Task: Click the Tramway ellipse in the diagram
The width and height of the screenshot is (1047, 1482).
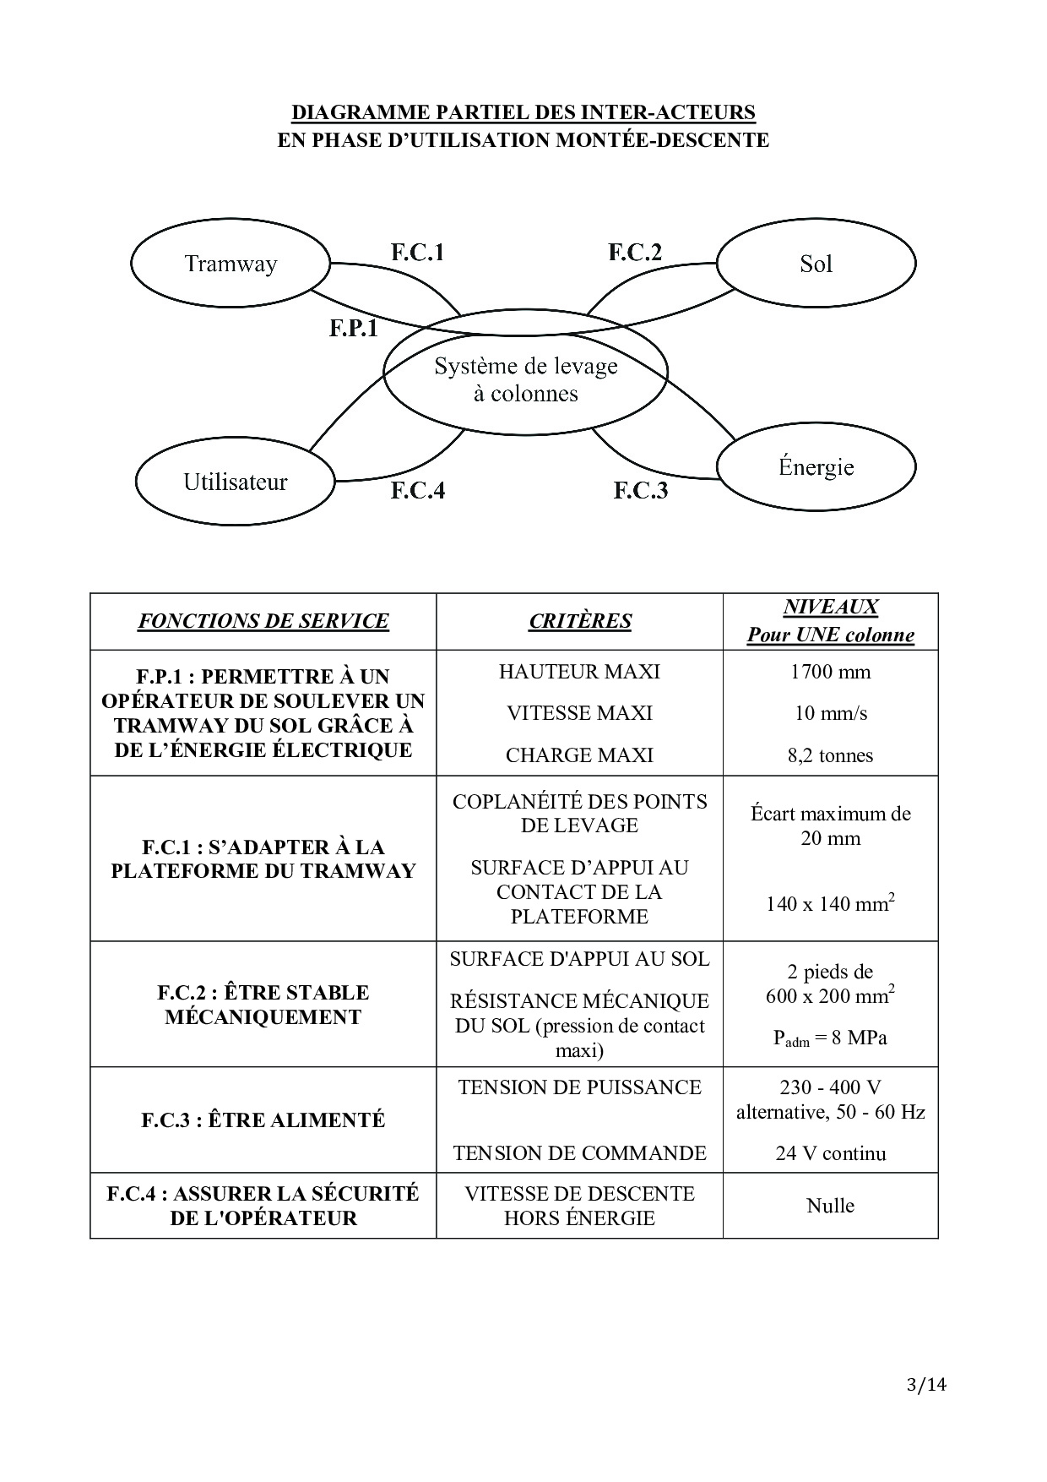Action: coord(230,264)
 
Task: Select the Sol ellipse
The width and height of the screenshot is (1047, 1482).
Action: coord(816,264)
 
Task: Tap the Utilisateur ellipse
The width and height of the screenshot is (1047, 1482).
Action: coord(236,482)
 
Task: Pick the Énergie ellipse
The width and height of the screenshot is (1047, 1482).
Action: coord(816,466)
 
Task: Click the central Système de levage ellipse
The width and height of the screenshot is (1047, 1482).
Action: coord(525,379)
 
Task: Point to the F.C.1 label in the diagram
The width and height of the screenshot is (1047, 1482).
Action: coord(417,252)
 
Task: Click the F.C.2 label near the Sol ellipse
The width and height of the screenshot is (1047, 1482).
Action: coord(635,252)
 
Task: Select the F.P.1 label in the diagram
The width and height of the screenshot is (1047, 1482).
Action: coord(354,328)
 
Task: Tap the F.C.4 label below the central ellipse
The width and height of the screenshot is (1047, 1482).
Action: coord(417,490)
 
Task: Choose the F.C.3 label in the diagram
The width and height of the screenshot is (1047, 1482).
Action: coord(640,490)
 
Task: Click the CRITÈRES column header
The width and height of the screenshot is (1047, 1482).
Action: coord(580,621)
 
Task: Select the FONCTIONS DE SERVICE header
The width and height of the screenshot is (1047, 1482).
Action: coord(263,621)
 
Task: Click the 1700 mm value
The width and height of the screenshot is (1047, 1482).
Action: coord(831,672)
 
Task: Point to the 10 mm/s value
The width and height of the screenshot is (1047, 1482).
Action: coord(831,713)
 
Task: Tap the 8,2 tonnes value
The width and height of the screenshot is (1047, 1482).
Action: coord(831,755)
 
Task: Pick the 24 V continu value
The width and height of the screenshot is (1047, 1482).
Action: coord(831,1153)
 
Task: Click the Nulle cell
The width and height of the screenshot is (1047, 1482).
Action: coord(831,1206)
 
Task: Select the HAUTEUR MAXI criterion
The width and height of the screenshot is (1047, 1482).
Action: coord(580,672)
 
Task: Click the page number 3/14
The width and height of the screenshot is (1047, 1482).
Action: coord(926,1384)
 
